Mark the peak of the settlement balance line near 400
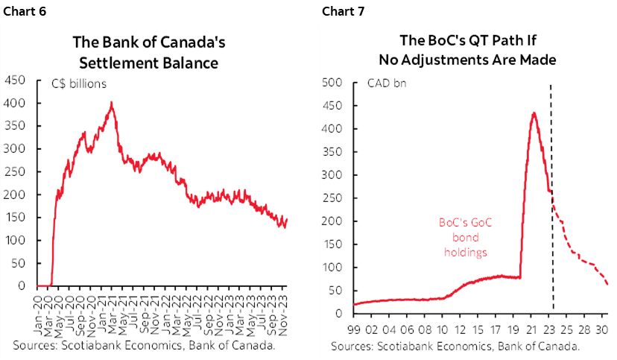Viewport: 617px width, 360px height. pos(112,103)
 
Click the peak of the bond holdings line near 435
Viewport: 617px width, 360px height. pos(534,113)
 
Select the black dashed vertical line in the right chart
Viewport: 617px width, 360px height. pos(552,224)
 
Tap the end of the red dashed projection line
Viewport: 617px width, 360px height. pos(607,284)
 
